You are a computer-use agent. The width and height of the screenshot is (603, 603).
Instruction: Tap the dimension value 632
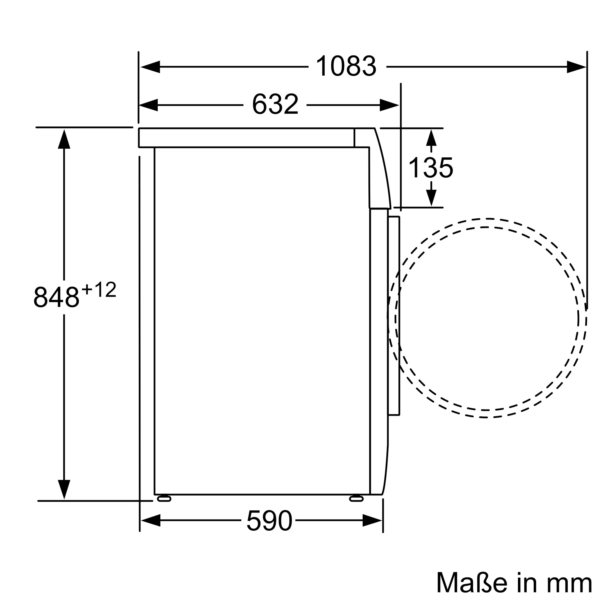coord(275,104)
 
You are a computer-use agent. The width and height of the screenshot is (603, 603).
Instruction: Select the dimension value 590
coord(269,520)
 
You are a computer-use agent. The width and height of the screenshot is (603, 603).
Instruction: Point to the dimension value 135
coord(431,168)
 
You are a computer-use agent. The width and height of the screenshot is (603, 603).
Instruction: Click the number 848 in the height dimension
coord(56,297)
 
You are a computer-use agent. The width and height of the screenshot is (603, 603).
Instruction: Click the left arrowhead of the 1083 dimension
coord(150,67)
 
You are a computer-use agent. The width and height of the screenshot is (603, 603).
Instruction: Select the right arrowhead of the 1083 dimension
coord(576,67)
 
